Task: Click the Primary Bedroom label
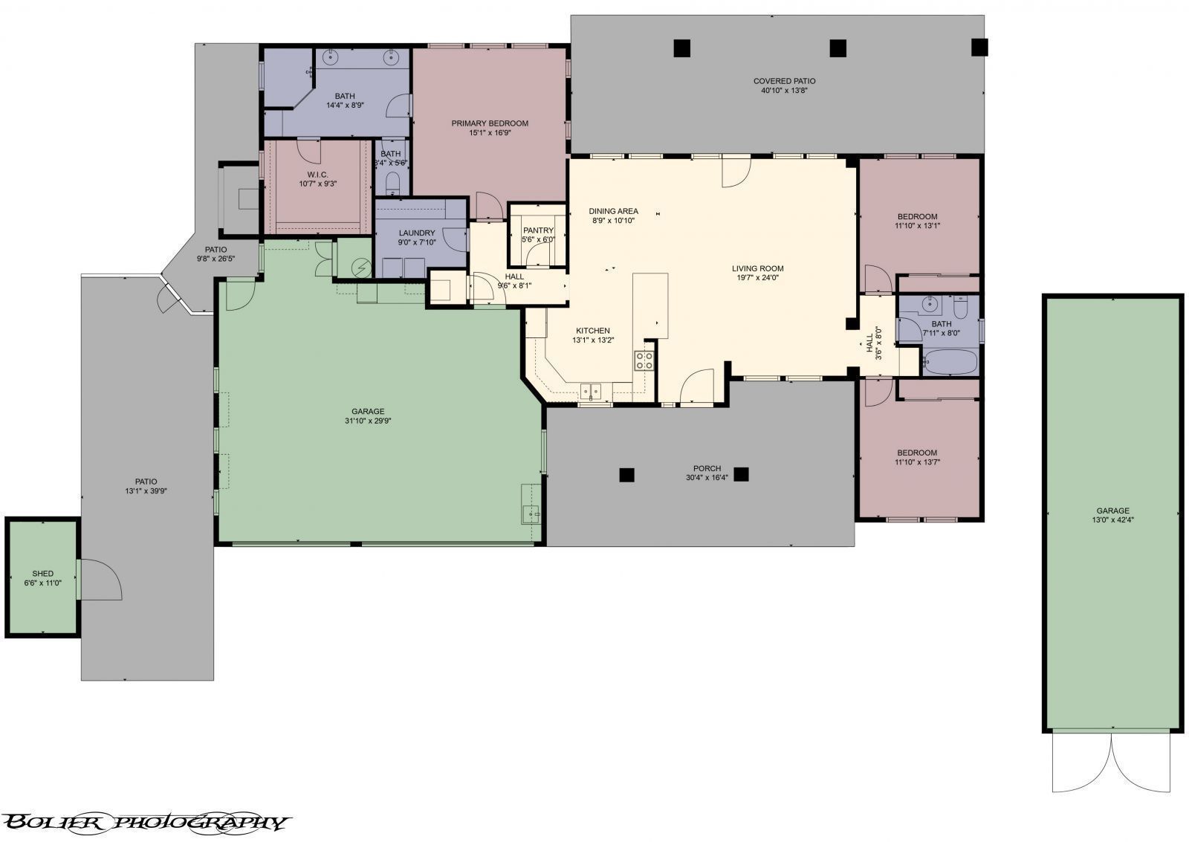coord(490,123)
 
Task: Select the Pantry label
coord(538,230)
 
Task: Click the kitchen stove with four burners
coord(644,361)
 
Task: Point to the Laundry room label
coord(416,233)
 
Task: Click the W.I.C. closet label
coord(317,175)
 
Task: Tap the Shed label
coord(43,574)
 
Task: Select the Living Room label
coord(757,269)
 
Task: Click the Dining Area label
coord(613,211)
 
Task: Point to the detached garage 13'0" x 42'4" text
coord(1112,520)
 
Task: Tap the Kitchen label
coord(592,331)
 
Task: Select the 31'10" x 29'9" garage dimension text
coord(368,421)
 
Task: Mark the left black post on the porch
coord(627,474)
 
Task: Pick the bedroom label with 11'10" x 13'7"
coord(916,453)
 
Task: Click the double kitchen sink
coord(592,390)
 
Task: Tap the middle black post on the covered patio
coord(838,48)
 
